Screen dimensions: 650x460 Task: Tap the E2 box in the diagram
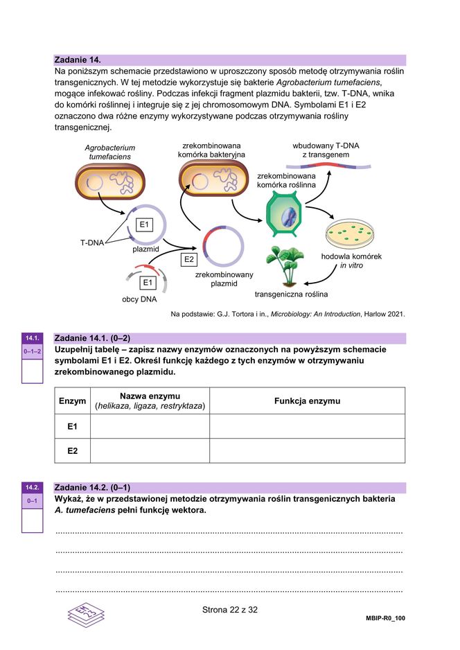click(x=188, y=259)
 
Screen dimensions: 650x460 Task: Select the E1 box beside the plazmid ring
click(x=143, y=225)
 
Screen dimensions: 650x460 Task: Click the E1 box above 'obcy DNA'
click(x=148, y=283)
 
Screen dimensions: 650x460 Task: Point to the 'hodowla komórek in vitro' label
click(x=351, y=261)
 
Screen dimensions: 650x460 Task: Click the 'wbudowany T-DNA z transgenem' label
click(x=326, y=150)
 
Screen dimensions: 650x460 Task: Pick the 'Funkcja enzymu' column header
click(x=307, y=401)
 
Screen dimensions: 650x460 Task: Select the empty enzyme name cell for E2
click(x=150, y=451)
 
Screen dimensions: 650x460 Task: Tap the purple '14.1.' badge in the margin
click(x=32, y=338)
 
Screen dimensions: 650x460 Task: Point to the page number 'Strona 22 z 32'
click(x=229, y=611)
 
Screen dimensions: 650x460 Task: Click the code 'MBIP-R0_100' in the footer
click(x=385, y=617)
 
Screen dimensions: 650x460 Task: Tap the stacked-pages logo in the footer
click(x=86, y=614)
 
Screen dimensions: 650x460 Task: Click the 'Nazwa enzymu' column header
click(x=150, y=401)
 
